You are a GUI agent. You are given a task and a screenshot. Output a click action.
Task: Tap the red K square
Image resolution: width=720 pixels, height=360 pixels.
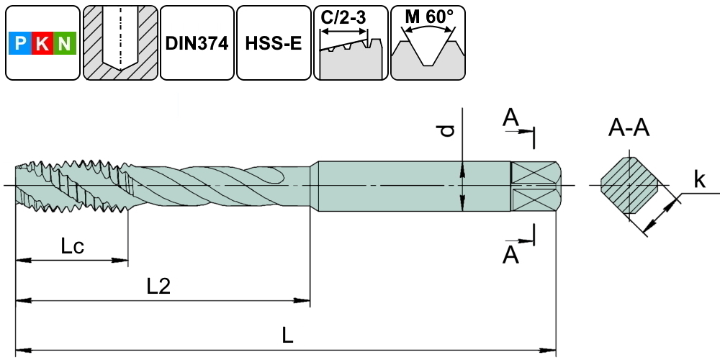point(42,45)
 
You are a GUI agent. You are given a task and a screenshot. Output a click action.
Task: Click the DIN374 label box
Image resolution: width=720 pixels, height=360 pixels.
point(196,43)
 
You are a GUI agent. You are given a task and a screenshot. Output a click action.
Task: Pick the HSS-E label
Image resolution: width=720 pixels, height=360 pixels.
point(273,43)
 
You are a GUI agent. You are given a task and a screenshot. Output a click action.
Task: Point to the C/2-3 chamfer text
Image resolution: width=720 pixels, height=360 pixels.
point(345,17)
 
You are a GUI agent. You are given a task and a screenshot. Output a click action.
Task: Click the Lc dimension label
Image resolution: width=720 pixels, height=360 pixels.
point(73,247)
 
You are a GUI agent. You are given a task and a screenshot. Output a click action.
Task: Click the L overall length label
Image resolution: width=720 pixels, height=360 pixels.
point(288,336)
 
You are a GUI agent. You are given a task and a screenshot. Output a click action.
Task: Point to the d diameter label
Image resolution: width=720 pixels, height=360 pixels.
point(448,130)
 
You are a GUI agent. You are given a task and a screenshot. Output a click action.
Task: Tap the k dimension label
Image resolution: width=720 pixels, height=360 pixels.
point(699,180)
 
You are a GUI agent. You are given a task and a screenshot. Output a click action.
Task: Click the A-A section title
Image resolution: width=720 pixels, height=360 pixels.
point(629,129)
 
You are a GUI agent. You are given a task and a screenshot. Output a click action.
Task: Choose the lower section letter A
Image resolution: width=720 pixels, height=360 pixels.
point(510,254)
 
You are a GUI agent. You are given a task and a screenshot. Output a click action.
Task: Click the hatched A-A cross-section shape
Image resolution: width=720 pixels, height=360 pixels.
point(629,186)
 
